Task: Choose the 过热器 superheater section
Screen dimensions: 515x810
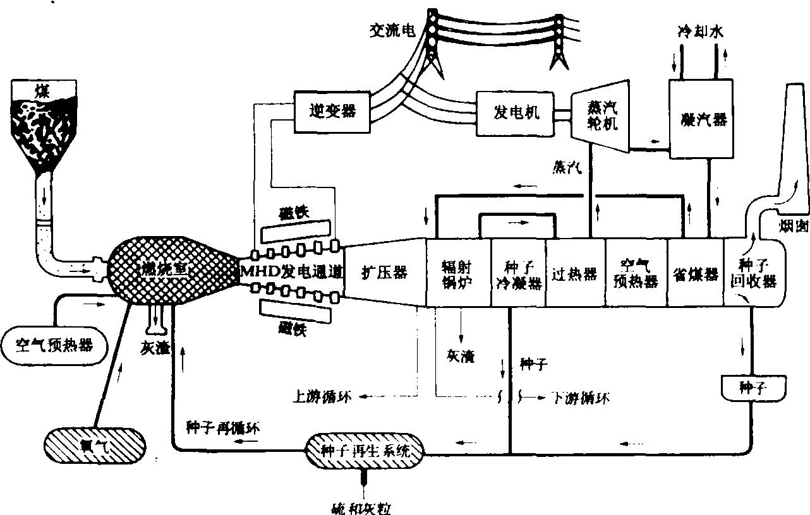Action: pos(575,273)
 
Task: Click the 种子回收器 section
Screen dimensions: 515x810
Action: pos(757,273)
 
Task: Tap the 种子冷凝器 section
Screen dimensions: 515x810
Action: pos(518,273)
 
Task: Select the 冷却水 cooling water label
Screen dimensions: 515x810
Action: pos(698,33)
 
